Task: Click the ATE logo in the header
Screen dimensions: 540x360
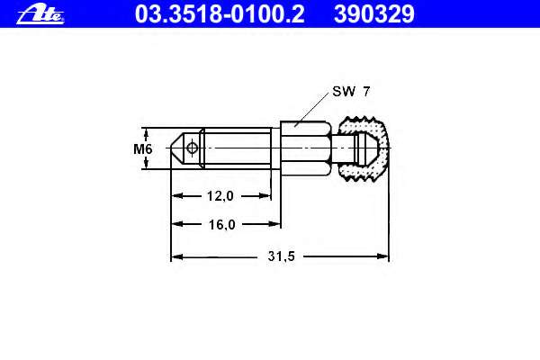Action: pos(40,14)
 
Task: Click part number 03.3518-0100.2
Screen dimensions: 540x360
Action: pos(220,14)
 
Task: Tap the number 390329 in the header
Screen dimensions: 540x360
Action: pos(374,14)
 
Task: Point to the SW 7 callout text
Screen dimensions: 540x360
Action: pos(351,91)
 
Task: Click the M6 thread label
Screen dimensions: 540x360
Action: pos(142,149)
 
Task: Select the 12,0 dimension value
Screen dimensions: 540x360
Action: pos(220,196)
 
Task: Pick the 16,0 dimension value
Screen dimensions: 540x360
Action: pos(221,225)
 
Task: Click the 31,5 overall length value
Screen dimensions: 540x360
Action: pos(282,256)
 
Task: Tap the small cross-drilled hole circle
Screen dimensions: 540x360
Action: pos(192,148)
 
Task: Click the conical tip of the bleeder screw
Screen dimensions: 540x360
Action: pos(177,148)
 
